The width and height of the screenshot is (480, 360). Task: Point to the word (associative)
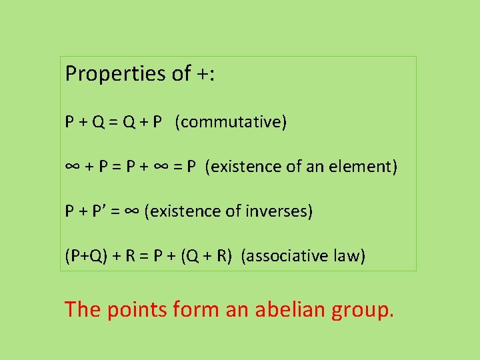pos(284,256)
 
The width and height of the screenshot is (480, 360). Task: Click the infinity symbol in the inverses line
pos(131,212)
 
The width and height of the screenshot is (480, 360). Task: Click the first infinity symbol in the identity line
pos(73,167)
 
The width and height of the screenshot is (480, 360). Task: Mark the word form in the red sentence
pos(196,309)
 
